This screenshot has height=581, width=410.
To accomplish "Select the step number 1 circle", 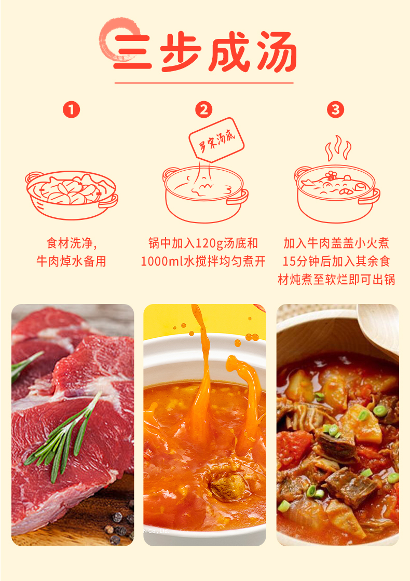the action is click(72, 109).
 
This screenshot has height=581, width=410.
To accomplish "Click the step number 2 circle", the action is click(204, 109).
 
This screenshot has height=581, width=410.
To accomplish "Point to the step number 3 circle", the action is click(335, 109).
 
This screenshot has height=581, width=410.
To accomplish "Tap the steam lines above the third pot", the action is click(338, 147).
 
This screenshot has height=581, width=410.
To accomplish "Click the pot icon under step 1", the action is click(72, 195).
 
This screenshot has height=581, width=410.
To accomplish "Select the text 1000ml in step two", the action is click(162, 261).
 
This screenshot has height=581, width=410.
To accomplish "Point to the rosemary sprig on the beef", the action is click(63, 439).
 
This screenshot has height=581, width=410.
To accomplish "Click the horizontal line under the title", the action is click(204, 83).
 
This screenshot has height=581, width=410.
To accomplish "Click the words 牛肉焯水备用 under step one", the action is click(72, 261).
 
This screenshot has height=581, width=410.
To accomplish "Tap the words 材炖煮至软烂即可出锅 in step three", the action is click(337, 280).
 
